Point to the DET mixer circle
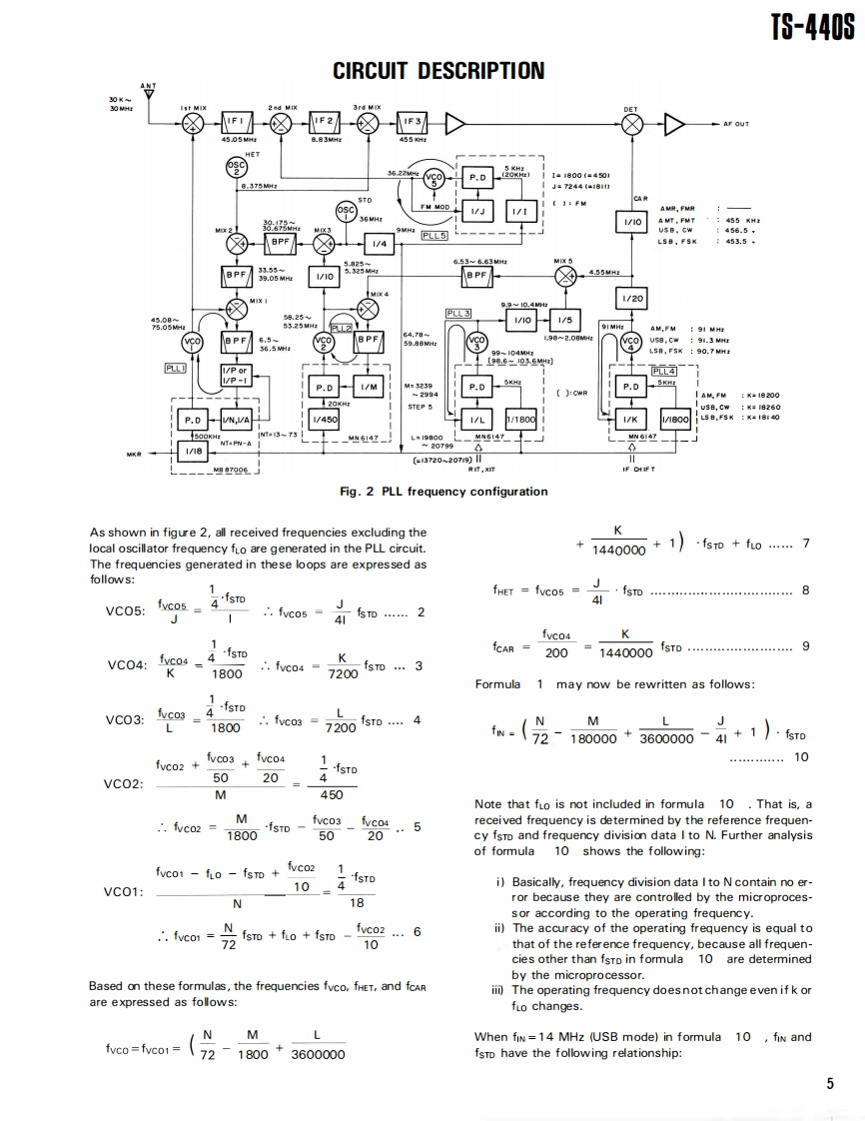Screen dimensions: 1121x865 coord(632,124)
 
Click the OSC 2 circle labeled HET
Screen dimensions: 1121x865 coord(236,167)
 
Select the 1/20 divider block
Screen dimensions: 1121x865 coord(632,297)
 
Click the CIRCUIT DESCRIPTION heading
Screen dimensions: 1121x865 coord(438,71)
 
